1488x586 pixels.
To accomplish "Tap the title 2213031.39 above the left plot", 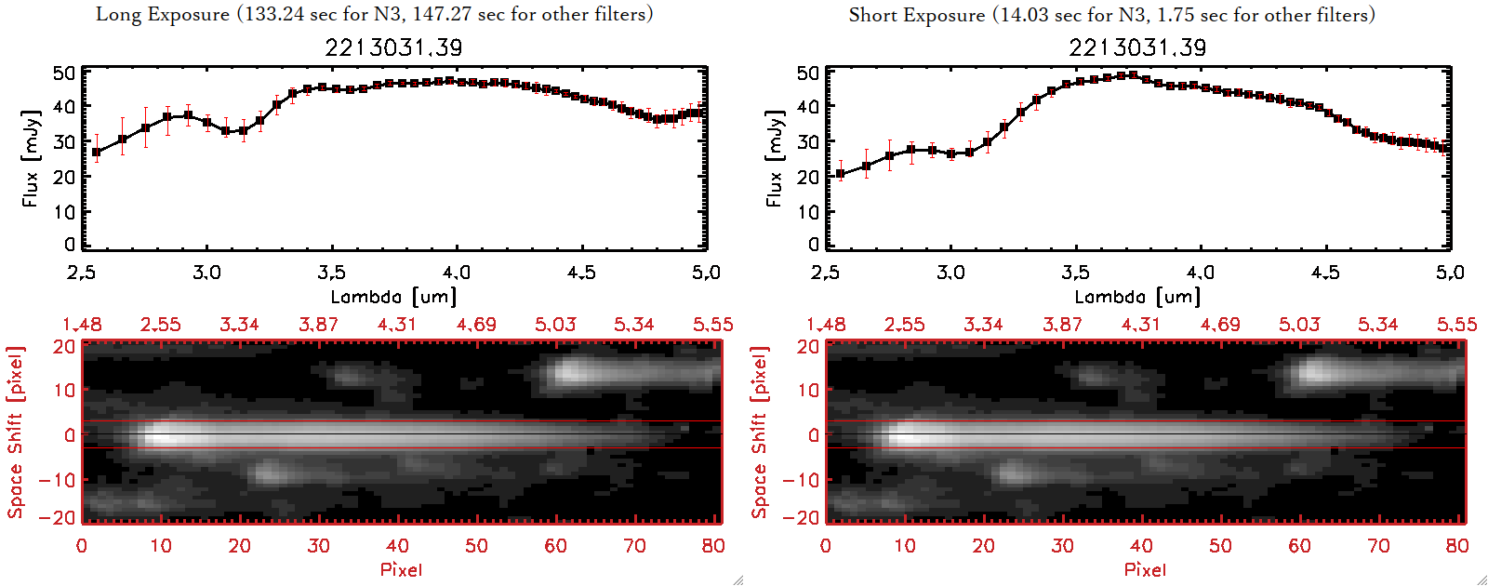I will (393, 47).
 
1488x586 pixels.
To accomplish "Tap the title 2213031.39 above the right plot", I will (1137, 47).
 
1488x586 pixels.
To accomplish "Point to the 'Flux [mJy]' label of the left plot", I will (32, 158).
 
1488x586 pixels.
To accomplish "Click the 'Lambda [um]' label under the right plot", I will (1137, 297).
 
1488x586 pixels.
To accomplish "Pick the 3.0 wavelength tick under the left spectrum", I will (206, 273).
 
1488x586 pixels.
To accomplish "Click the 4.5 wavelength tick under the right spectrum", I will (1325, 273).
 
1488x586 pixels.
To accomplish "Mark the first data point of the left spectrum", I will (97, 152).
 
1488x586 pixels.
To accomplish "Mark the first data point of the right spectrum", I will (841, 174).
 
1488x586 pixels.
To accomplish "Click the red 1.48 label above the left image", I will (82, 325).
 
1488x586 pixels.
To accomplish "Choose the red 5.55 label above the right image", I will (1456, 325).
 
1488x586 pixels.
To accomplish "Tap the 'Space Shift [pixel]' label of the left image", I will (15, 433).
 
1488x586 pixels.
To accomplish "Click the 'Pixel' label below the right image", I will (1145, 569).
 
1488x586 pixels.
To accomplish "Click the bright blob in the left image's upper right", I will (569, 373).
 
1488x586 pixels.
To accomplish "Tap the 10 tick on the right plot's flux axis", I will (807, 212).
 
